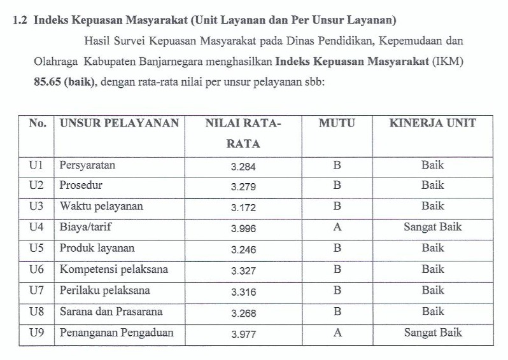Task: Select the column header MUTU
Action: (337, 123)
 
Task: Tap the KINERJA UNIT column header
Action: (432, 123)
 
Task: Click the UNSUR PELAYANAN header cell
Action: (119, 123)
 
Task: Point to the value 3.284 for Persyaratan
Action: (244, 166)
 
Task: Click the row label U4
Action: (37, 227)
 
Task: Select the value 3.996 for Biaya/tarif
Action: (244, 228)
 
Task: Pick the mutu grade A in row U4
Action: (337, 227)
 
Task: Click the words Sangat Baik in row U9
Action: (432, 333)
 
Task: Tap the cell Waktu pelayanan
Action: (101, 207)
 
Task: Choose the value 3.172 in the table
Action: (244, 207)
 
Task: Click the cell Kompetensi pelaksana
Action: (114, 269)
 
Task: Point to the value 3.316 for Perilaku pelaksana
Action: (244, 291)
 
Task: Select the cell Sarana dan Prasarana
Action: (111, 312)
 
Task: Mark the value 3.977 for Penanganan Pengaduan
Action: (244, 333)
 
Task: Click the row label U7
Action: (37, 291)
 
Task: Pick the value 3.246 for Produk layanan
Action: (244, 249)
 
